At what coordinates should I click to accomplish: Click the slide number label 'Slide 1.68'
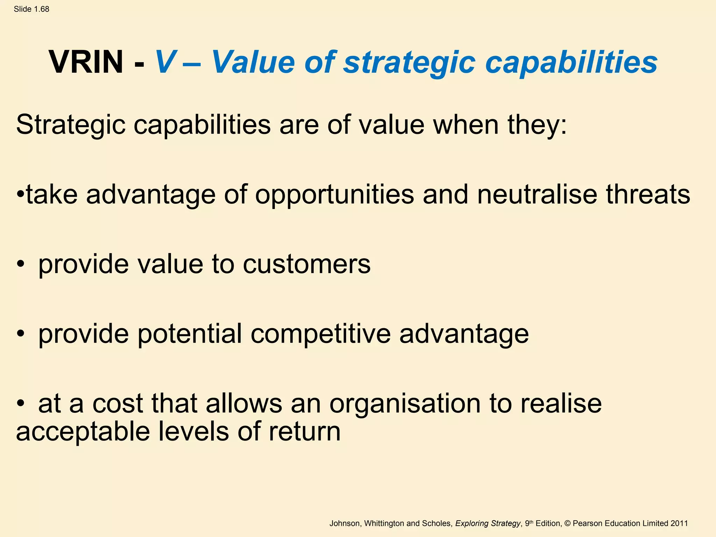click(31, 9)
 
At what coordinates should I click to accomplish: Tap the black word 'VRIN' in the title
click(86, 62)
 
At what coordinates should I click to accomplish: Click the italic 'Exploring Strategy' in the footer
click(488, 523)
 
